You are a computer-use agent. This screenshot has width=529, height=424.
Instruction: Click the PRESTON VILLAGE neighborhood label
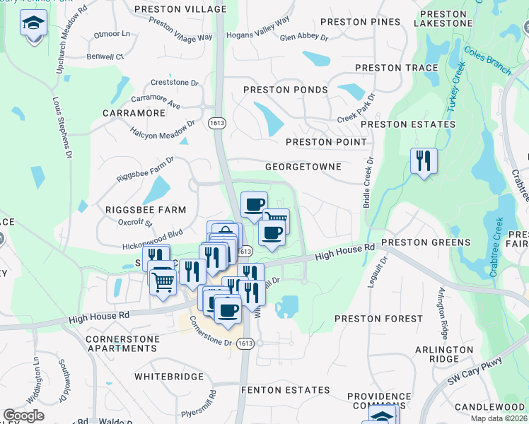(180, 9)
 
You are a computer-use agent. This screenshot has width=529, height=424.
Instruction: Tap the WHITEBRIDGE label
(169, 377)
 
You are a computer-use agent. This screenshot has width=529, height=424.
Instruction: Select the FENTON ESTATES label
(285, 390)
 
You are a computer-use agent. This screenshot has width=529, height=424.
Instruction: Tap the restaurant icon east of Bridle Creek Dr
(424, 160)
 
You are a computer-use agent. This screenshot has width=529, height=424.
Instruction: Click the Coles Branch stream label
(487, 61)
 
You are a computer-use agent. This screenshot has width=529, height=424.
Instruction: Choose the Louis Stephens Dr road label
(63, 128)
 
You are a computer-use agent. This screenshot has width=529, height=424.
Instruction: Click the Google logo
(24, 416)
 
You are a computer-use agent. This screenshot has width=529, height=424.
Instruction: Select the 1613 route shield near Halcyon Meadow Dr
(216, 123)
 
